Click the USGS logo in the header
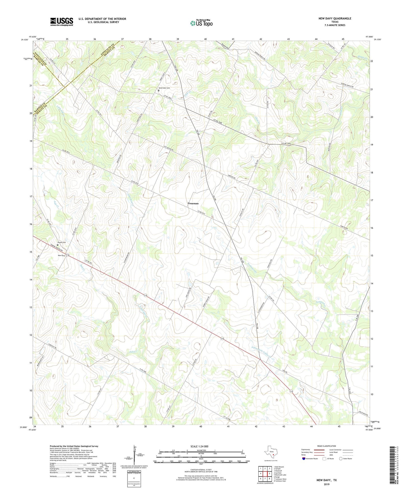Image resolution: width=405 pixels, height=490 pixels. click(62, 22)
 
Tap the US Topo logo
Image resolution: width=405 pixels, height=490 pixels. click(201, 23)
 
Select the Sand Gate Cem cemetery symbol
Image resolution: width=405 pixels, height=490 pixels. click(158, 90)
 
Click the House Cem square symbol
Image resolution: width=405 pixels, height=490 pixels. click(58, 245)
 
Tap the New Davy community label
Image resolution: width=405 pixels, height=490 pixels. click(61, 255)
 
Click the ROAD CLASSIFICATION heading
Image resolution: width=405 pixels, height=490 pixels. click(327, 446)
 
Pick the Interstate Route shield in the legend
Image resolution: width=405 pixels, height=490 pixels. click(304, 459)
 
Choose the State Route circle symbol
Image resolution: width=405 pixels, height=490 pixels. click(341, 459)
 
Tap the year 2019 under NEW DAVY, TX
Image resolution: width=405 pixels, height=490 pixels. click(327, 484)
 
